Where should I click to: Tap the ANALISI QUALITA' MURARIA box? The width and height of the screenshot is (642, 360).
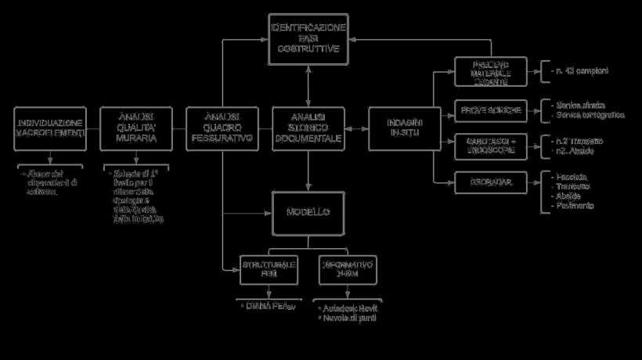click(136, 127)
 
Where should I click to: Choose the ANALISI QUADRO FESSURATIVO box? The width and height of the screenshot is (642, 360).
click(222, 127)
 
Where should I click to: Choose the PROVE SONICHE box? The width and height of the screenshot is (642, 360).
click(491, 110)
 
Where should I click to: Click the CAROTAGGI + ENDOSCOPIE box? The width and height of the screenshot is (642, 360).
click(491, 145)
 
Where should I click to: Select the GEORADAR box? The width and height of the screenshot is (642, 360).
click(491, 182)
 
